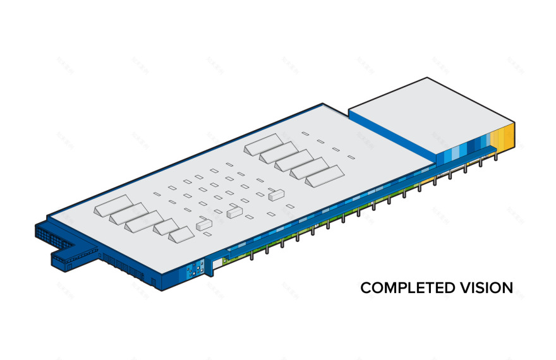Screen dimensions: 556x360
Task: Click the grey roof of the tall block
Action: click(431, 114)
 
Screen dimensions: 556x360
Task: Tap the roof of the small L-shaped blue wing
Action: click(76, 251)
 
